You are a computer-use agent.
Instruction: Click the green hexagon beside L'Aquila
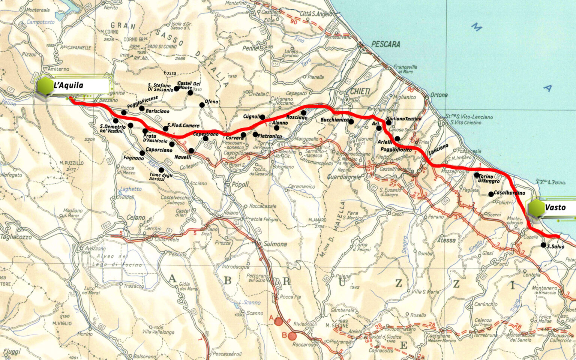pos(45,86)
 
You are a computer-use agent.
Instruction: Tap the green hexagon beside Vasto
pos(537,208)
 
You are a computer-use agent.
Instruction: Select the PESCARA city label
pos(385,44)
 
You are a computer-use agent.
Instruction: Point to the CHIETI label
pos(360,91)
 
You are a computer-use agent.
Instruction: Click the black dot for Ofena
pos(202,105)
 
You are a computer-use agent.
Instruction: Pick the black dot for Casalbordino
pos(491,194)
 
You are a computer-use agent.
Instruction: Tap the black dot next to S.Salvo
pos(543,245)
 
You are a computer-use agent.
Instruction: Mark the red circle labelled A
pos(278,321)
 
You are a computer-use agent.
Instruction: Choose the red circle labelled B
pos(292,336)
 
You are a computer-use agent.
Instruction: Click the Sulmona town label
pos(275,244)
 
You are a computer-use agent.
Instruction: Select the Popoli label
pos(240,184)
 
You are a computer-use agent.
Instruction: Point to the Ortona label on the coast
pos(439,95)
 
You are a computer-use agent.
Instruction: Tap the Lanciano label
pos(438,150)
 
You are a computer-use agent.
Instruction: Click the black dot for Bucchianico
pos(351,121)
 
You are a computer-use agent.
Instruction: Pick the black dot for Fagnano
pos(142,153)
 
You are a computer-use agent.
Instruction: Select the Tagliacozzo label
pos(16,237)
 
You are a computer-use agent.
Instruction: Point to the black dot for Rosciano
pos(303,113)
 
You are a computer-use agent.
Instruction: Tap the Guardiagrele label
pos(344,177)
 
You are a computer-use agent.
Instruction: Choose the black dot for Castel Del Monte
pos(190,93)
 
